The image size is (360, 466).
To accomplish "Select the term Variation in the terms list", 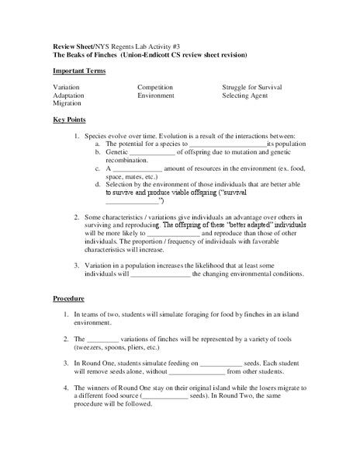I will [x=66, y=87].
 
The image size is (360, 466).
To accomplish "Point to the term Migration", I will [x=67, y=103].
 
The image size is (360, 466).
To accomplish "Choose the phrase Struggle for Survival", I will [x=255, y=87].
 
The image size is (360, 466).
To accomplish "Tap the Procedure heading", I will [x=68, y=298].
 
